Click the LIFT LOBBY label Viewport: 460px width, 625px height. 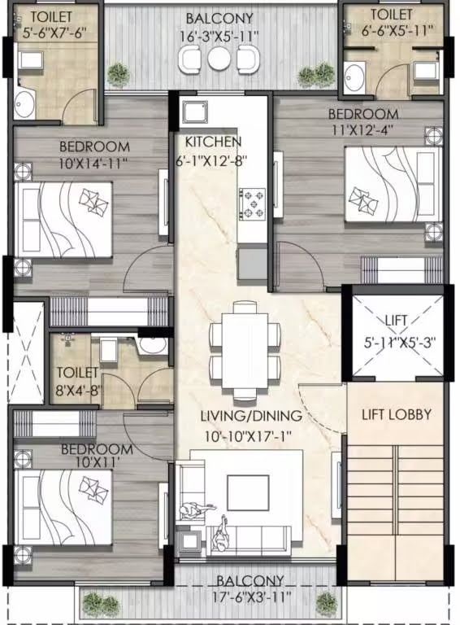coord(396,414)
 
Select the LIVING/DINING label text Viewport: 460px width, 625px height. coord(251,416)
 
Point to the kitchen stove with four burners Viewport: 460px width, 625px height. coord(252,203)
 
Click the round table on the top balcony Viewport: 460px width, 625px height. coord(219,58)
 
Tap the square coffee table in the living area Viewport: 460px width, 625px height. coord(247,492)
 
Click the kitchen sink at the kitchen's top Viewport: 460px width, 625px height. coord(197,113)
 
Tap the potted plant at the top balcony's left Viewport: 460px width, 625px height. coord(119,76)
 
